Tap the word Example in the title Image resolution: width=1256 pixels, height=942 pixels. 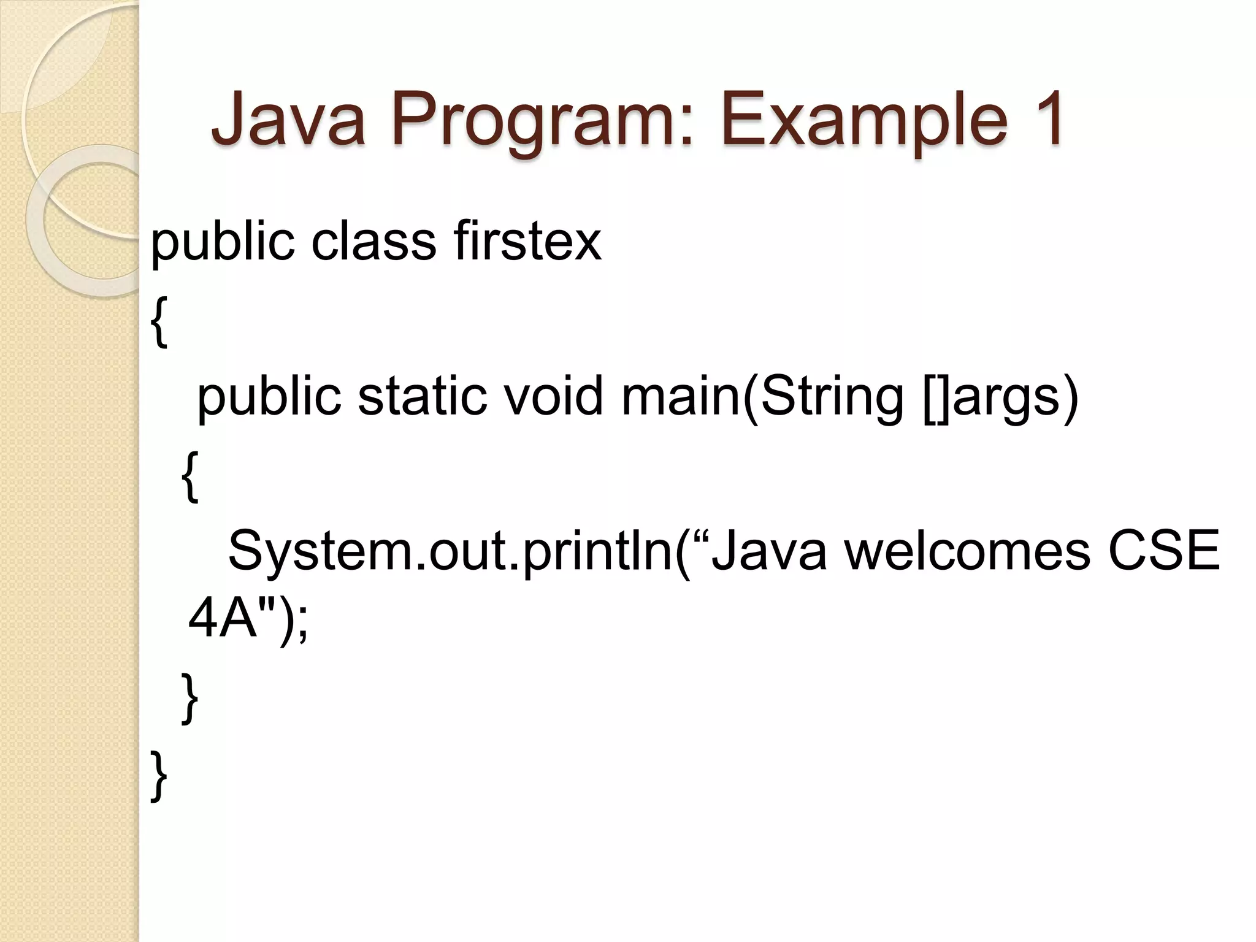(863, 120)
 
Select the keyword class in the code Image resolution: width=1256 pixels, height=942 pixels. (373, 241)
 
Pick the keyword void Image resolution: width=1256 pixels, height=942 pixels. (553, 396)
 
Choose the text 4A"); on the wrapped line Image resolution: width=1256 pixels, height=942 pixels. (248, 621)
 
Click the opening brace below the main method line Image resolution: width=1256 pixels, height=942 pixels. (190, 477)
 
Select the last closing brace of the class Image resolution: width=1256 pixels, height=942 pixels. (159, 776)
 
